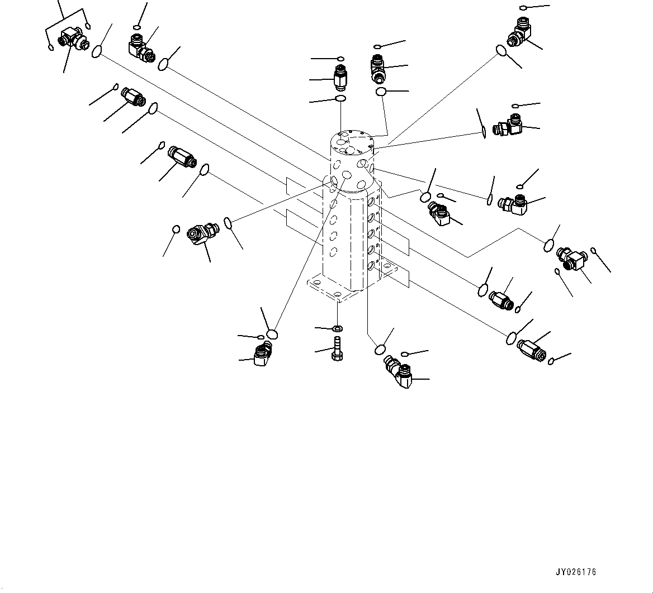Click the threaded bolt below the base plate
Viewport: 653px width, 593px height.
click(337, 350)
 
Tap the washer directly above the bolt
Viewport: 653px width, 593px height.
click(338, 328)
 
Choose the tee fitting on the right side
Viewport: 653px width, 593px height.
click(570, 259)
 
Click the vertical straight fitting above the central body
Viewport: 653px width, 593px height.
click(340, 78)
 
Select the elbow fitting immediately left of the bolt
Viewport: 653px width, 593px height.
click(262, 355)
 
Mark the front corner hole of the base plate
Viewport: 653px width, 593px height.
click(337, 294)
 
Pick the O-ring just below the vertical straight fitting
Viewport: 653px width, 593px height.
click(340, 99)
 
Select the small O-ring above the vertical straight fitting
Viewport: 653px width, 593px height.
click(340, 58)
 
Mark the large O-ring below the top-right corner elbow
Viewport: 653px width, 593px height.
click(501, 51)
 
